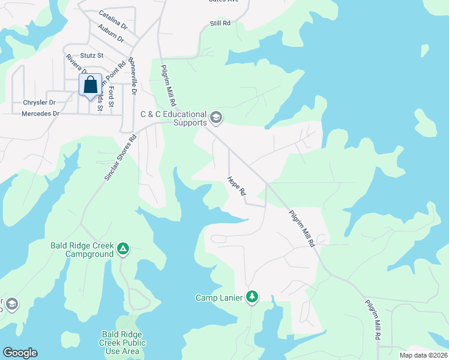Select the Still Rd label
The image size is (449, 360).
220,23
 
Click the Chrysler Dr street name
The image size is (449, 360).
39,103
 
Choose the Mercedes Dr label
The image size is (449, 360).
40,113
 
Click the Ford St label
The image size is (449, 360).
111,95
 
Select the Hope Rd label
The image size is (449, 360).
237,187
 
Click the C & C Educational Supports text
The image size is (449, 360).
173,118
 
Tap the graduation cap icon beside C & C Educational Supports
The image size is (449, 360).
217,117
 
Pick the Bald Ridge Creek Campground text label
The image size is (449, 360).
82,250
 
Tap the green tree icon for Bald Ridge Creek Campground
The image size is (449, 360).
122,248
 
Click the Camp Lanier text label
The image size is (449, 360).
220,298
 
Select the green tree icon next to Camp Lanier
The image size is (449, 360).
253,296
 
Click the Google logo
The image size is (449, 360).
20,353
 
